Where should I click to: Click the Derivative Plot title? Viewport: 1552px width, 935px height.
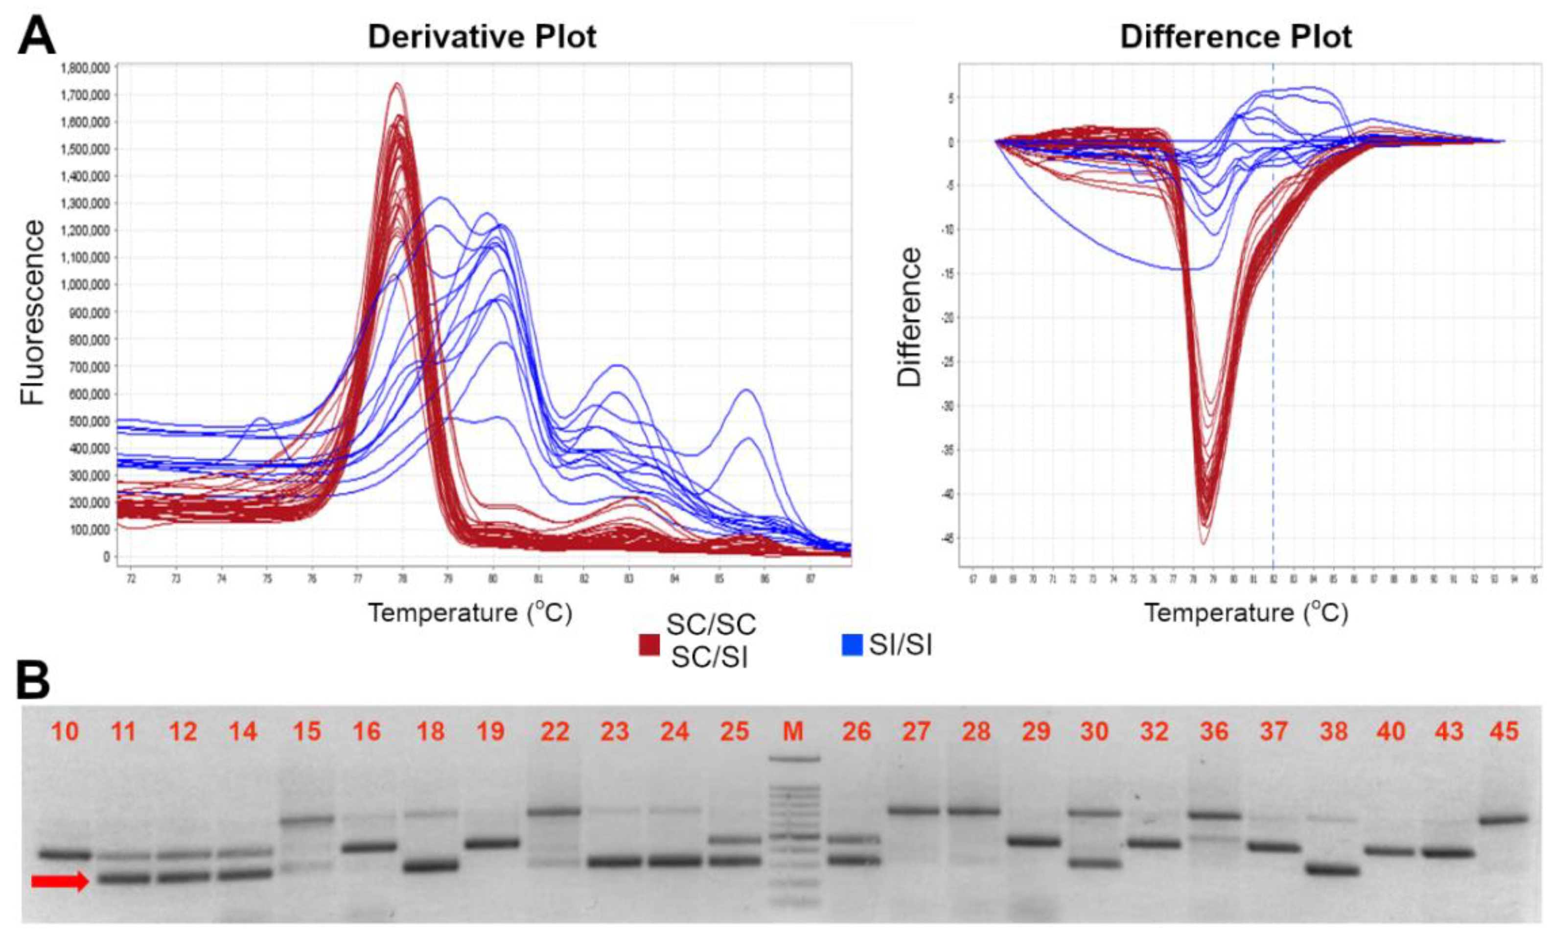tap(482, 37)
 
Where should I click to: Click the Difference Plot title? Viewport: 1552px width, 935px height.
tap(1235, 37)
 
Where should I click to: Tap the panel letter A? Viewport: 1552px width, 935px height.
tap(37, 37)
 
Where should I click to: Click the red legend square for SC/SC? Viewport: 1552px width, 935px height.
tap(649, 645)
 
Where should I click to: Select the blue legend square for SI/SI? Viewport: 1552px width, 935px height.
tap(852, 645)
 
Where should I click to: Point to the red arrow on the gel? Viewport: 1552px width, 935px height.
tap(60, 882)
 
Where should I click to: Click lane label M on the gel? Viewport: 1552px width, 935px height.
tap(793, 731)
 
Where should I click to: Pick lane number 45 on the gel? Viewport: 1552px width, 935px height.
tap(1505, 731)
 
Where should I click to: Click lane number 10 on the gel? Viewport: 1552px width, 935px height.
tap(65, 731)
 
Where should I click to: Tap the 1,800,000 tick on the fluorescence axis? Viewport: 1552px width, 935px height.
tap(85, 68)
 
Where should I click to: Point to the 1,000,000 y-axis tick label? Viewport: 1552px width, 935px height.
tap(85, 285)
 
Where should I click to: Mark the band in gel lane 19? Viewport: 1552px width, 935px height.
tap(491, 842)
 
